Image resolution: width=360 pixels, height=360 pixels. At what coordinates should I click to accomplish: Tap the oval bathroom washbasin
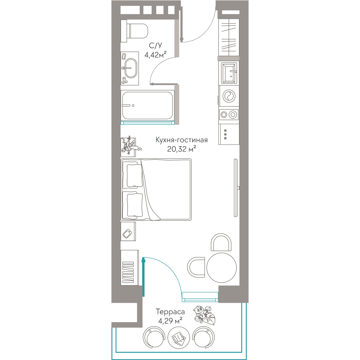pos(131,68)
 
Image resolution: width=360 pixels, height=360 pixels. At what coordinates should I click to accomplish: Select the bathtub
pos(147,105)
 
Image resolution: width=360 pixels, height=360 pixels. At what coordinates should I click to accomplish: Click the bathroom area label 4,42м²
pos(156,55)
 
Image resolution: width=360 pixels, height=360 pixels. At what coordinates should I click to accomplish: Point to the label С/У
pos(156,45)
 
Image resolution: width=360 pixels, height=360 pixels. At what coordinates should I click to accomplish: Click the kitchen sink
pos(229,73)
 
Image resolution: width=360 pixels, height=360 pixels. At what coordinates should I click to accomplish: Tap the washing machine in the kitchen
pos(229,96)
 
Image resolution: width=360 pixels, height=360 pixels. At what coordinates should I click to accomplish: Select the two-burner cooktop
pos(229,114)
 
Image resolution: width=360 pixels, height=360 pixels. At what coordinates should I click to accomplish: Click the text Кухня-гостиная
pos(181,140)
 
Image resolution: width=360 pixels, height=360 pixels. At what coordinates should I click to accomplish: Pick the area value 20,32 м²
pos(181,149)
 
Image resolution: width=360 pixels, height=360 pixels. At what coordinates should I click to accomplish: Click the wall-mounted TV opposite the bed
pos(236,188)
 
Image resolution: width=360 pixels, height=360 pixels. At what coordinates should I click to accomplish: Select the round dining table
pos(221,268)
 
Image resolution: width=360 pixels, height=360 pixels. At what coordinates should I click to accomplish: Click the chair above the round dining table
pos(221,242)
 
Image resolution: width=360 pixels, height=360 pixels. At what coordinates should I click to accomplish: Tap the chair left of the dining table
pos(196,267)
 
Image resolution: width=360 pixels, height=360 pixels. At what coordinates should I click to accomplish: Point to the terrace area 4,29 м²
pos(170,320)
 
